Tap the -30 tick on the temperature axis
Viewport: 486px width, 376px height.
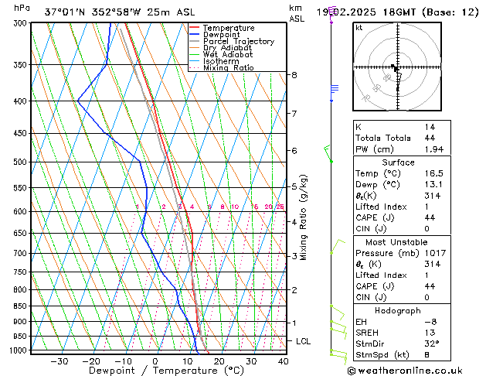(x=59, y=361)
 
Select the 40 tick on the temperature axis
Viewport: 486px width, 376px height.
(x=283, y=361)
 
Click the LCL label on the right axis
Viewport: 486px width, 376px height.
(x=304, y=341)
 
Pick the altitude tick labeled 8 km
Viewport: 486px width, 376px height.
(x=294, y=75)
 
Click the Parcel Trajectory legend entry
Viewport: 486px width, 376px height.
(x=238, y=42)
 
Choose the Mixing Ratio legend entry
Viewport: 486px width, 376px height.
(x=229, y=68)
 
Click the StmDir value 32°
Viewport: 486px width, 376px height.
(x=431, y=344)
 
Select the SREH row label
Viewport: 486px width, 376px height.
(x=368, y=333)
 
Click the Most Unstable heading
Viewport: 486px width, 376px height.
(x=397, y=242)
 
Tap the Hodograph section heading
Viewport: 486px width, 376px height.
(x=397, y=310)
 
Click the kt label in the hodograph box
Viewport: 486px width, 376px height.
(x=359, y=28)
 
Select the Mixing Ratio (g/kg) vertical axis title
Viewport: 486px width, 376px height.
(x=304, y=217)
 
